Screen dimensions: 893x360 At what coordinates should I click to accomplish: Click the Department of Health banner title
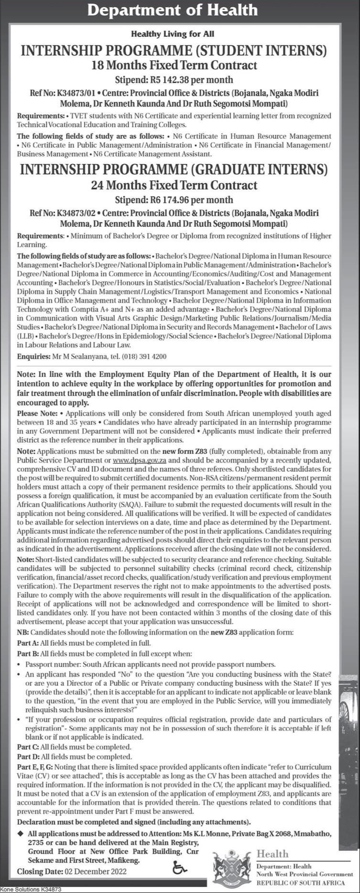click(180, 11)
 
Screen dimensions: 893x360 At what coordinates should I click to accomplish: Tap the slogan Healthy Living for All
click(180, 34)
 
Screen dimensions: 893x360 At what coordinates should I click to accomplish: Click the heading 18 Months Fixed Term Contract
click(174, 65)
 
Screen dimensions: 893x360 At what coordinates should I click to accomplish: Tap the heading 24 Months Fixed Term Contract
click(174, 185)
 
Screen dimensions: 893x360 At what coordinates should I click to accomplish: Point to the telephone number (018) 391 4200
click(144, 357)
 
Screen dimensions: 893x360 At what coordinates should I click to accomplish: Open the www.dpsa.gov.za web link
click(140, 460)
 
